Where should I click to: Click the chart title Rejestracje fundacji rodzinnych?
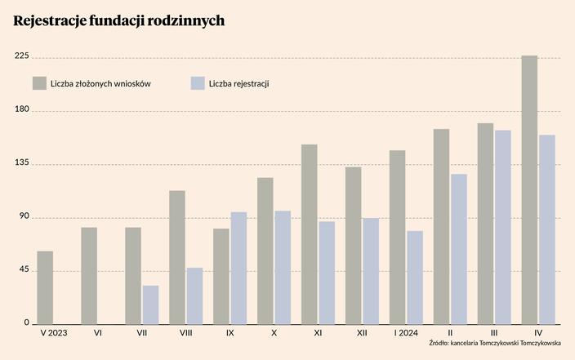119,20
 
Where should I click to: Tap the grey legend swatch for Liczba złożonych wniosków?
39,83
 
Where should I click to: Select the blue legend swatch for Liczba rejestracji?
197,83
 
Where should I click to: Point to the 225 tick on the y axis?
21,56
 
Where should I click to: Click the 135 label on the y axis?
21,163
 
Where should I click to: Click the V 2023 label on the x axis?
54,333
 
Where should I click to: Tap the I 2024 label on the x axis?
406,333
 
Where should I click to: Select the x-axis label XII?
362,333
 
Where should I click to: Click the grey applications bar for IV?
530,190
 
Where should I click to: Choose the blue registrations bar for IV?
547,229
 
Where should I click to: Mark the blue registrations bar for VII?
150,304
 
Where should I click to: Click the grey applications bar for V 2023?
46,287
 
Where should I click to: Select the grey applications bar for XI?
310,234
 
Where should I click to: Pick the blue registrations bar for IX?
238,268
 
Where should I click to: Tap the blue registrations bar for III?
503,227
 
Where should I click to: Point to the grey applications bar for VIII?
177,257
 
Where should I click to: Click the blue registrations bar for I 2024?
415,278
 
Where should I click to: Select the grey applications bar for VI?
89,276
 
